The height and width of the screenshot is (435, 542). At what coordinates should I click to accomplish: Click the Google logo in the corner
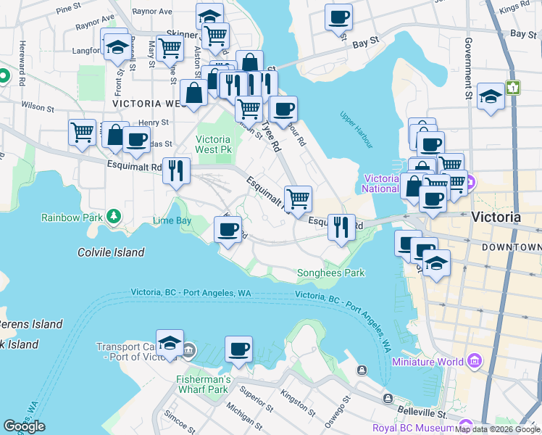pyautogui.click(x=25, y=426)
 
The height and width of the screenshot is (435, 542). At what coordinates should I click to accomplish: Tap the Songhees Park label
pyautogui.click(x=330, y=273)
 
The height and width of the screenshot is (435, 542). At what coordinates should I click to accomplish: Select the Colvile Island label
pyautogui.click(x=111, y=252)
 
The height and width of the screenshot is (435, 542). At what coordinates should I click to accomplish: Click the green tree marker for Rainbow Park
pyautogui.click(x=113, y=216)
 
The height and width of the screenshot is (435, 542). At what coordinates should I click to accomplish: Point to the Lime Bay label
pyautogui.click(x=172, y=220)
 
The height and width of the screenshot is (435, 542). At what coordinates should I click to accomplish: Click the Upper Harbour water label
pyautogui.click(x=356, y=130)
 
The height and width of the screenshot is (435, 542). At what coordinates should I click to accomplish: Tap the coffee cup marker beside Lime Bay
pyautogui.click(x=228, y=231)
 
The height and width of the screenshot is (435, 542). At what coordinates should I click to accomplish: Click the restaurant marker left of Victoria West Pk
pyautogui.click(x=176, y=172)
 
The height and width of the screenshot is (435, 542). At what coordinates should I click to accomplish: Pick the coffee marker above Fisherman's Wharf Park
pyautogui.click(x=238, y=350)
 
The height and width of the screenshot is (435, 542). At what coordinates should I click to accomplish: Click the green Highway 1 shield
pyautogui.click(x=514, y=87)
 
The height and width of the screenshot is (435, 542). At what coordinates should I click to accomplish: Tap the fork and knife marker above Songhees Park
pyautogui.click(x=340, y=227)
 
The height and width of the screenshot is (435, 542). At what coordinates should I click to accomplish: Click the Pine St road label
pyautogui.click(x=69, y=8)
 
